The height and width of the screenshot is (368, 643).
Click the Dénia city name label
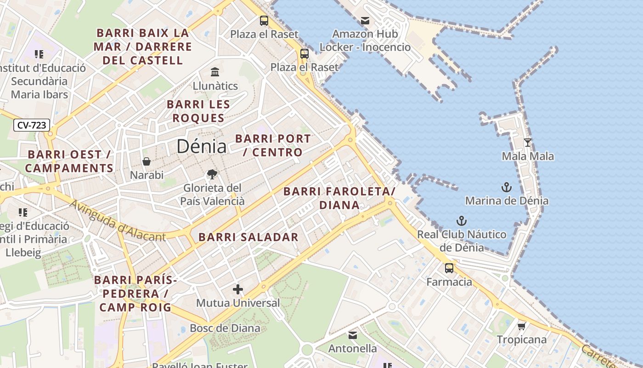click(201, 146)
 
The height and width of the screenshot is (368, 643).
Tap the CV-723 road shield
click(31, 125)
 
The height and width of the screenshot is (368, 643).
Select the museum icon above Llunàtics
click(215, 72)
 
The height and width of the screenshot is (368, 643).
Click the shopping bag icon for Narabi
click(147, 161)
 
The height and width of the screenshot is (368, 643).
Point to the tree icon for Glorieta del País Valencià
click(212, 174)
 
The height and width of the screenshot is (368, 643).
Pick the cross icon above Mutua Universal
click(237, 289)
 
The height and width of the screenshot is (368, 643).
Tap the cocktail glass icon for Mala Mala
click(528, 143)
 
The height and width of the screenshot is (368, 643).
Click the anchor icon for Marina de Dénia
click(506, 187)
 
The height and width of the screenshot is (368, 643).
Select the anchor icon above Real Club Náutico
click(461, 221)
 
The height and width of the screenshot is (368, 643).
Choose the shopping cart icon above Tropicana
click(521, 326)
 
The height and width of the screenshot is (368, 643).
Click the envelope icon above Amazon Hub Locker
click(365, 21)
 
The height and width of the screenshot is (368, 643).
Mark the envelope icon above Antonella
click(352, 335)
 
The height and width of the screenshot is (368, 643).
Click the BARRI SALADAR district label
click(248, 237)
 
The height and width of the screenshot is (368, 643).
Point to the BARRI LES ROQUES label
click(198, 111)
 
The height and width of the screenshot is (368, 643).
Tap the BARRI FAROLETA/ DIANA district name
click(339, 198)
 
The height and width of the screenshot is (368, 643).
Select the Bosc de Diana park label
click(225, 328)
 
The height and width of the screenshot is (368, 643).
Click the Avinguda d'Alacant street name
click(117, 221)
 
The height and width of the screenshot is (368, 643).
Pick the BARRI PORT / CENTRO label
click(273, 145)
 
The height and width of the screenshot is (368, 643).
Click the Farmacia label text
click(449, 282)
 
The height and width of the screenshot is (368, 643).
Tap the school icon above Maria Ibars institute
click(39, 54)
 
